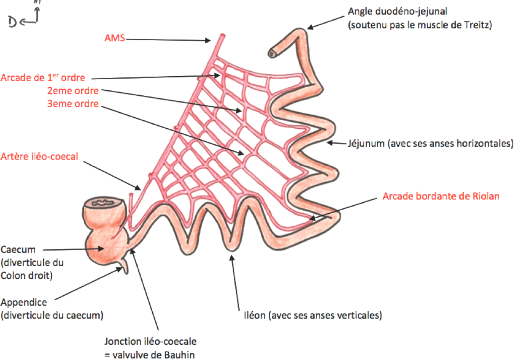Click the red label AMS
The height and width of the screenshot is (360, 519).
(114, 38)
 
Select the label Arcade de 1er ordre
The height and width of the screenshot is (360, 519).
(42, 78)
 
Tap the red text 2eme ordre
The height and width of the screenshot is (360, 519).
(73, 91)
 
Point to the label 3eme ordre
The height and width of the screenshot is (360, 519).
(73, 104)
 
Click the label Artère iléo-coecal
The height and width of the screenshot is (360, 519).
(39, 156)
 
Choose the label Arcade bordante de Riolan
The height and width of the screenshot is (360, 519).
(441, 196)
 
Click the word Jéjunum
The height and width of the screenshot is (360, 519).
(366, 144)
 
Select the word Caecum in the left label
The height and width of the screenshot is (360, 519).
(18, 250)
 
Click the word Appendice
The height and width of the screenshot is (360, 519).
(24, 303)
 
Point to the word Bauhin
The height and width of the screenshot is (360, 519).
(180, 355)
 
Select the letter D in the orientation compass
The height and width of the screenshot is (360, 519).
(13, 22)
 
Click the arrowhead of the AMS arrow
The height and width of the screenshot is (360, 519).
(208, 40)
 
